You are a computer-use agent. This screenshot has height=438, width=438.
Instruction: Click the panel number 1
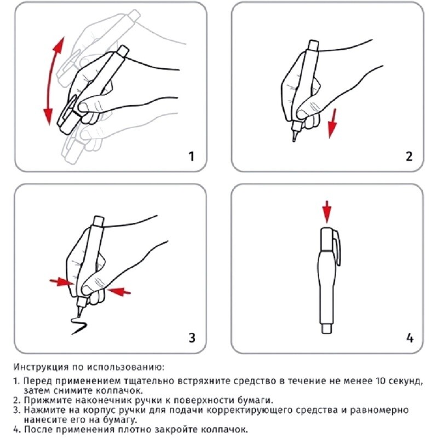point(192,157)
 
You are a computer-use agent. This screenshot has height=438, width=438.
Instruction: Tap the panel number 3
point(192,337)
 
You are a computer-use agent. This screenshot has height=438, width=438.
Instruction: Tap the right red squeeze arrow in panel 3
point(120,292)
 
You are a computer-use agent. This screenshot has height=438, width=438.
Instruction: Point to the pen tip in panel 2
point(295,139)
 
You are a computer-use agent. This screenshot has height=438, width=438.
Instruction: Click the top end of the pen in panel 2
point(314,44)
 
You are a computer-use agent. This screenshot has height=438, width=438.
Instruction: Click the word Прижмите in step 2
point(43,400)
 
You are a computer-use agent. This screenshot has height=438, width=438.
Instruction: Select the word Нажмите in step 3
point(41,410)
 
